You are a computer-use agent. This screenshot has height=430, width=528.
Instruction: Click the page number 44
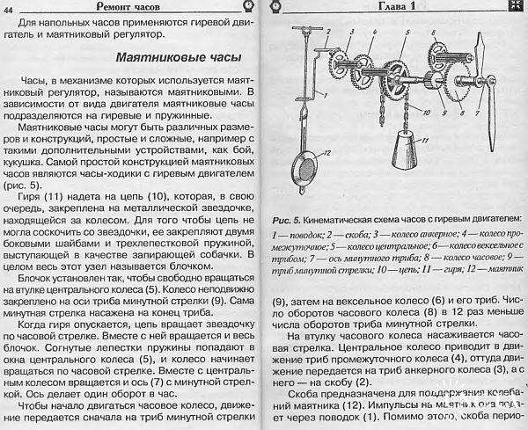click(11, 9)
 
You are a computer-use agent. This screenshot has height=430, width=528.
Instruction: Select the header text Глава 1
click(402, 7)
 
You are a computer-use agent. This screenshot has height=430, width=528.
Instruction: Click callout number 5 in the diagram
click(406, 33)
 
